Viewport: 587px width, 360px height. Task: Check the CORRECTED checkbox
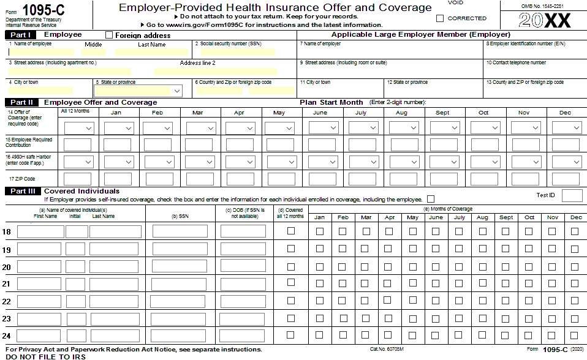(x=440, y=18)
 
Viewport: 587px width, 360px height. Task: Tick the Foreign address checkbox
(x=109, y=36)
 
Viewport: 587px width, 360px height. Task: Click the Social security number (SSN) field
(x=244, y=53)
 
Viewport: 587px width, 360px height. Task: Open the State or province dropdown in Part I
(x=138, y=91)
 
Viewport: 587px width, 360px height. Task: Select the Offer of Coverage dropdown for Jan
(x=118, y=128)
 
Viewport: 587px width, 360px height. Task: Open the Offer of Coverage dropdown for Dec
(x=566, y=128)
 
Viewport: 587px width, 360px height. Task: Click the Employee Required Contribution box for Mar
(x=200, y=145)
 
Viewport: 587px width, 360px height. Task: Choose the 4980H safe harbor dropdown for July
(x=362, y=162)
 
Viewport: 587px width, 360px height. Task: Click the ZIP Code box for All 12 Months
(x=78, y=179)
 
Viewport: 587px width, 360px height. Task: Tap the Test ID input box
(x=572, y=195)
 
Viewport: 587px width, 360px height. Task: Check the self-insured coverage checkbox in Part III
(x=431, y=199)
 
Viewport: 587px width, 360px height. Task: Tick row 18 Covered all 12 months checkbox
(x=290, y=231)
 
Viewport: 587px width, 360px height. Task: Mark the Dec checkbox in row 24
(x=575, y=335)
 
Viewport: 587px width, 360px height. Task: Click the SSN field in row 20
(x=180, y=266)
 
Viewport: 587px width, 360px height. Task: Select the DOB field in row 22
(x=243, y=301)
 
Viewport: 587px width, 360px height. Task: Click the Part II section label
(x=22, y=102)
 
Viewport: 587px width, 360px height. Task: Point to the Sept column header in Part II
(x=442, y=113)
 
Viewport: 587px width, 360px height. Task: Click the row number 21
(x=7, y=284)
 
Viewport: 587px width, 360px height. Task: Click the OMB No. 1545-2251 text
(x=542, y=6)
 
